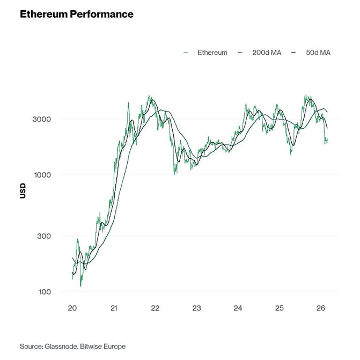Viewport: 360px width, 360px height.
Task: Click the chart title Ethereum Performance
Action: (x=77, y=14)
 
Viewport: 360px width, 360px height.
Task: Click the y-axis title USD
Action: (x=23, y=191)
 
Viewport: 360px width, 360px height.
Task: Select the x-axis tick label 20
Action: (x=72, y=308)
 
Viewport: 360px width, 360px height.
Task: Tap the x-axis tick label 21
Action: (x=114, y=308)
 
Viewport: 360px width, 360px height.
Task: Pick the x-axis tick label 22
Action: (x=155, y=308)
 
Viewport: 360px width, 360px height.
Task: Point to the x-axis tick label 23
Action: (x=196, y=308)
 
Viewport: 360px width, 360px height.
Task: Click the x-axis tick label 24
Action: (x=238, y=308)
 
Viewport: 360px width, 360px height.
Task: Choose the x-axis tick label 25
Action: (x=279, y=308)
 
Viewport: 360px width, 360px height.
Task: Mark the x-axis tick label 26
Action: (x=320, y=308)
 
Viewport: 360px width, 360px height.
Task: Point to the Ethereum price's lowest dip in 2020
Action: (x=81, y=285)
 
